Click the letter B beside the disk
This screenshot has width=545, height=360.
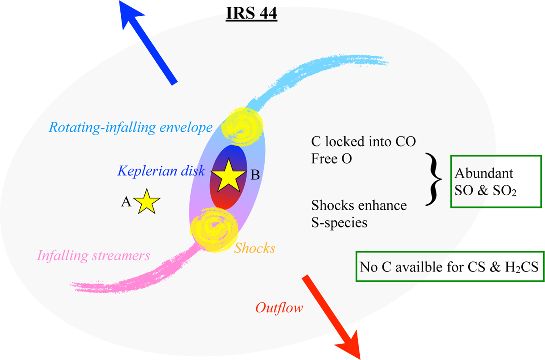[255, 175]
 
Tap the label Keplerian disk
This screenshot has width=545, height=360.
[161, 171]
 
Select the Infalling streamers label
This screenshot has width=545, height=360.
[94, 256]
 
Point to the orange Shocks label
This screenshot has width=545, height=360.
[254, 248]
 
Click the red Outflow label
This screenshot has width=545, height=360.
[279, 308]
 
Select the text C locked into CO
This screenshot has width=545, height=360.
[364, 142]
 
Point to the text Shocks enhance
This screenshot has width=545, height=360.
[359, 206]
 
